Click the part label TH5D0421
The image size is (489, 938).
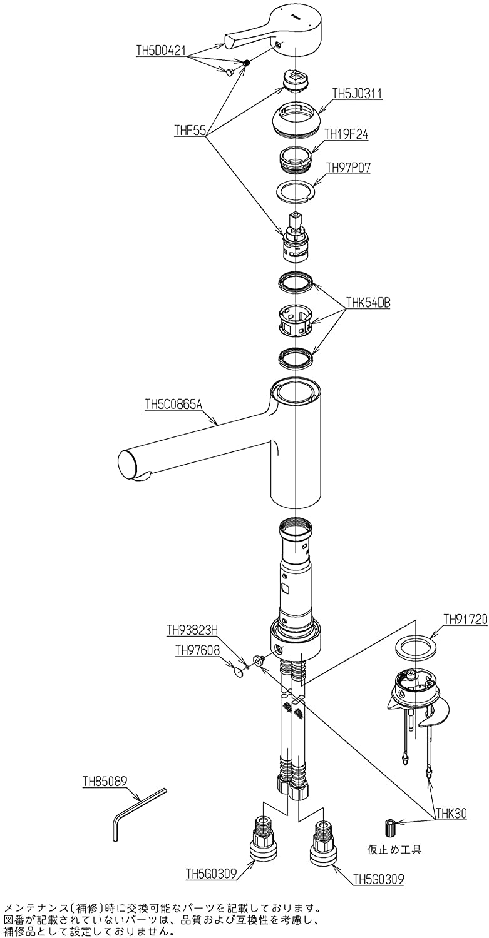(x=161, y=50)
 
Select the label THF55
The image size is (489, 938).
(x=190, y=131)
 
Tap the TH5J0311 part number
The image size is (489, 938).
(x=358, y=93)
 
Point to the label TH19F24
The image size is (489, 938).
(x=346, y=134)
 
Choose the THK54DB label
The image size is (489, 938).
(x=368, y=302)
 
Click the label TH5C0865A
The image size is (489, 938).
(x=173, y=405)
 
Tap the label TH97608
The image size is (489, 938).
(x=197, y=650)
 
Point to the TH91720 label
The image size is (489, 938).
(x=465, y=619)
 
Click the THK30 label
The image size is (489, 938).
(x=451, y=813)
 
